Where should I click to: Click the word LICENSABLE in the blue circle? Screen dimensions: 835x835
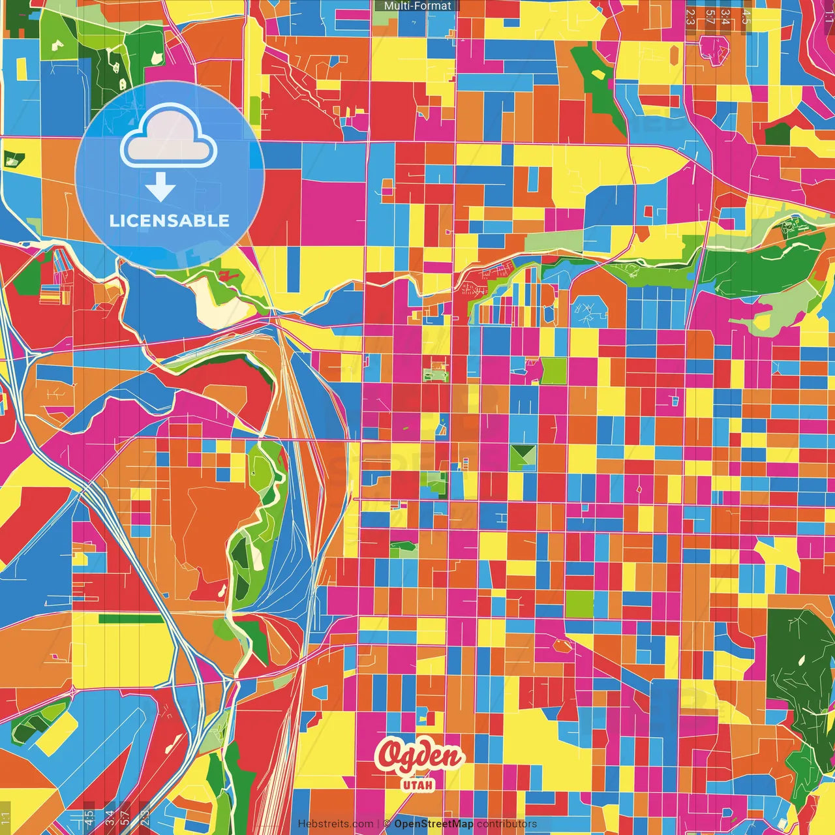pos(170,220)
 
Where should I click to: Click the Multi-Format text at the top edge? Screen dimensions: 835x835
pos(417,6)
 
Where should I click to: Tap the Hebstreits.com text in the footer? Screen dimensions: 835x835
pos(335,824)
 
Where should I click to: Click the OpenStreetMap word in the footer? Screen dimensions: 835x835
pos(434,824)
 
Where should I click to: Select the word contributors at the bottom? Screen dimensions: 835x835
pos(507,824)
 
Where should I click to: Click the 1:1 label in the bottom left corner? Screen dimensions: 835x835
pos(6,818)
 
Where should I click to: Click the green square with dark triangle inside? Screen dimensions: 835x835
pos(523,457)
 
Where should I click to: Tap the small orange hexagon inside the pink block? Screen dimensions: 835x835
pos(562,645)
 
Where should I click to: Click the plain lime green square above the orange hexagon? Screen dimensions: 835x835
pos(579,604)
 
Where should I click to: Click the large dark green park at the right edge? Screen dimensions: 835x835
pos(799,659)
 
